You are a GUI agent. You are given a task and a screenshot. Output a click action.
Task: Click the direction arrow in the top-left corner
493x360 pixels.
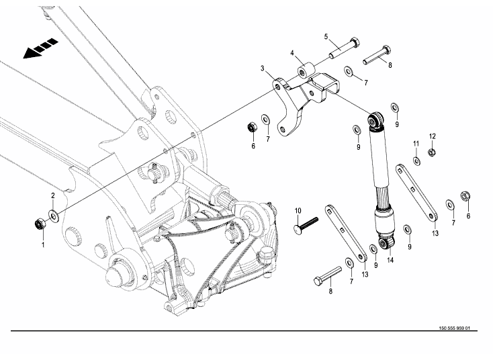coord(40,50)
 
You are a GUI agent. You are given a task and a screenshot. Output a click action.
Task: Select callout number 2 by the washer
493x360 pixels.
coord(53,195)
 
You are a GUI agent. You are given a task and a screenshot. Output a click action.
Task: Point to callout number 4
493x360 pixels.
coord(292,52)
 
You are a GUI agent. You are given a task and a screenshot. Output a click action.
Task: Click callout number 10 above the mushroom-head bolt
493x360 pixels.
coord(298,212)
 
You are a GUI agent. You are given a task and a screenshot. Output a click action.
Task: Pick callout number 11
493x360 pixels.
coord(416,143)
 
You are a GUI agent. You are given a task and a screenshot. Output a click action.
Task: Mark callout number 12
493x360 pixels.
coord(433,136)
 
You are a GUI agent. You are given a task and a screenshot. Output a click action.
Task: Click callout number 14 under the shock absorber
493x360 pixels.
coord(390,259)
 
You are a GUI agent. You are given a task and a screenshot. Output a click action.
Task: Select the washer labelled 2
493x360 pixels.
coord(53,216)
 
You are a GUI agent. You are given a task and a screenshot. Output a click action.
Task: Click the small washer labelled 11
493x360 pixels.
coord(416,161)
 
